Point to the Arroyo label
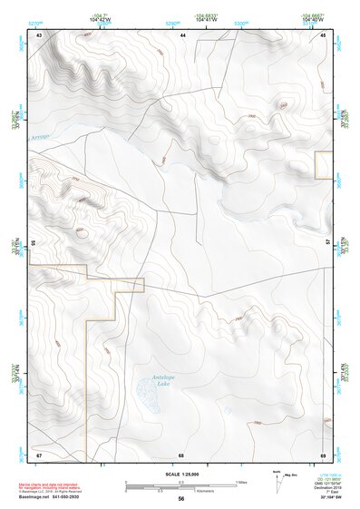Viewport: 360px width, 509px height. (42, 137)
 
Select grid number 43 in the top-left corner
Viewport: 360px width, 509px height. (39, 34)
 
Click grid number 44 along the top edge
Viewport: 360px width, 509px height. (182, 34)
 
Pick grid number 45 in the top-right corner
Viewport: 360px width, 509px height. (324, 34)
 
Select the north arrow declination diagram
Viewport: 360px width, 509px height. (278, 481)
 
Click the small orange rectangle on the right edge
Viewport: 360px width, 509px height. (323, 165)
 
